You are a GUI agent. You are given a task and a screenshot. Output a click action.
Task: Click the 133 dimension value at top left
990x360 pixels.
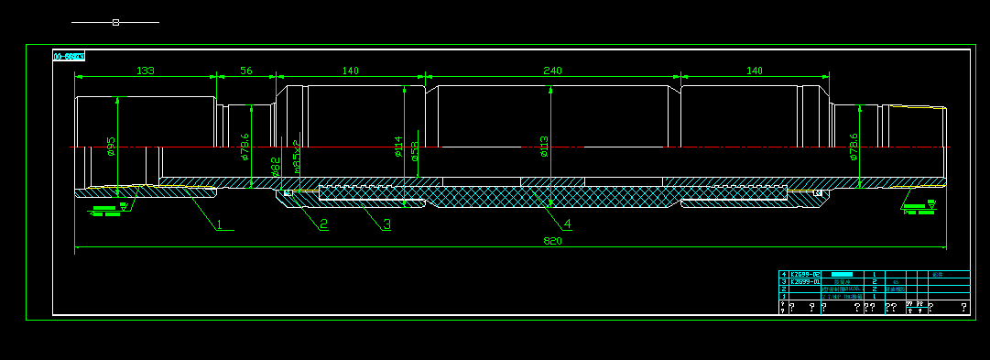coord(145,71)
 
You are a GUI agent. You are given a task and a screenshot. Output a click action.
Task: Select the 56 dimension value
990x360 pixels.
coord(245,71)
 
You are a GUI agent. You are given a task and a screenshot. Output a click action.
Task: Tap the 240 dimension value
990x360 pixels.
coord(552,71)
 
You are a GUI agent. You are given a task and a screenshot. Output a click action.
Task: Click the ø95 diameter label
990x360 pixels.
coord(111,147)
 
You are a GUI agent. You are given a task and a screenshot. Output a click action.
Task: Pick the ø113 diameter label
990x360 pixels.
coord(543,147)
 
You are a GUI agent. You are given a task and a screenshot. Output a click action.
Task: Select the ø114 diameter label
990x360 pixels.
coord(398,147)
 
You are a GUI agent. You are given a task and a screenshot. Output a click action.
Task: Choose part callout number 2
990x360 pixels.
coord(323,223)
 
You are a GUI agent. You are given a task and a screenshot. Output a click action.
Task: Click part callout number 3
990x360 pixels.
coord(386,223)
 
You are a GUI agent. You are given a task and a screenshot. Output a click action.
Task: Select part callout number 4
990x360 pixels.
coord(567,223)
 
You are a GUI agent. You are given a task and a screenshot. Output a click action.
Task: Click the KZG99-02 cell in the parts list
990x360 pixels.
coord(806,274)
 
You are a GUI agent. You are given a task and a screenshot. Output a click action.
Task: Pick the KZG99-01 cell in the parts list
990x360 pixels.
coord(806,281)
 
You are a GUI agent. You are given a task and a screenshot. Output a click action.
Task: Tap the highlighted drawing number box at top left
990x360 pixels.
coord(69,56)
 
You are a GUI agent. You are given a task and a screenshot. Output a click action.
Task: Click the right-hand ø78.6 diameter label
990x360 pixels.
coord(854,147)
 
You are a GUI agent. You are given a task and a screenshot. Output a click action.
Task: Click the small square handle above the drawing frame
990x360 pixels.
coord(115,22)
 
